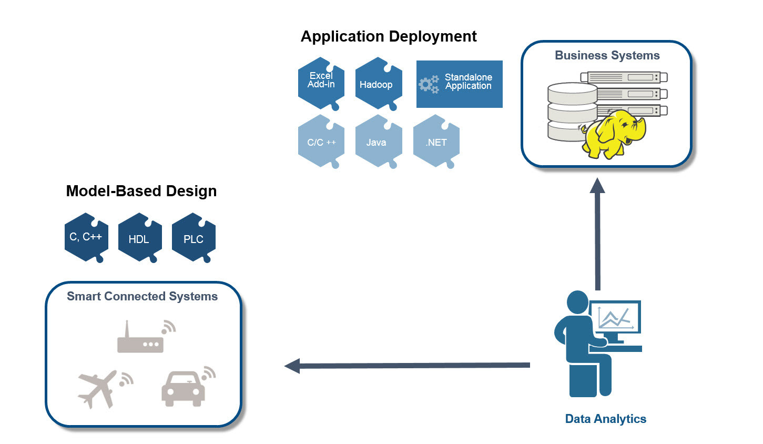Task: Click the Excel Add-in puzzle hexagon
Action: click(x=321, y=83)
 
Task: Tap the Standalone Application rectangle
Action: click(x=459, y=84)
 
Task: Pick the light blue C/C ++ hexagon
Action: click(x=321, y=142)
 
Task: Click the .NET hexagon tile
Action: click(x=436, y=142)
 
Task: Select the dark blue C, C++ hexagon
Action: click(x=86, y=237)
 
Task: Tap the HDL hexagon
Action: click(x=139, y=238)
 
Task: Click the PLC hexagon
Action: click(x=194, y=238)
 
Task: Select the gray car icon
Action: click(x=184, y=389)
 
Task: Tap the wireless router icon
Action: click(x=141, y=340)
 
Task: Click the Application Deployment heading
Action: click(x=389, y=36)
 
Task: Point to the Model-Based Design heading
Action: click(x=141, y=191)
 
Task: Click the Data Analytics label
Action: click(x=605, y=419)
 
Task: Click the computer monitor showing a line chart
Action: click(x=615, y=318)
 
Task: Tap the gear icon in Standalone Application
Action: click(x=428, y=84)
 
